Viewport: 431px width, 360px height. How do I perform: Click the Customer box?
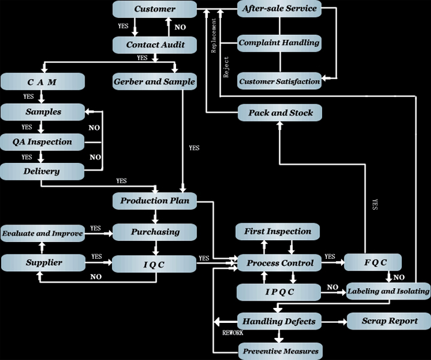(x=155, y=9)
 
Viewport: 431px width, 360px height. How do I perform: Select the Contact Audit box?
(x=155, y=45)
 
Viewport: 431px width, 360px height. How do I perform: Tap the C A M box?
(x=43, y=81)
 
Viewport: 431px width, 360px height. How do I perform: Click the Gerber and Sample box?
(x=155, y=81)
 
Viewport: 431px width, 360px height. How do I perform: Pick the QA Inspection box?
(x=43, y=142)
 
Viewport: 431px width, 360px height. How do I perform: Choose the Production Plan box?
(x=155, y=201)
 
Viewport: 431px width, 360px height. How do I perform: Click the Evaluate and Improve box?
(x=43, y=234)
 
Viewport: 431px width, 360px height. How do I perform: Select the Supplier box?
(x=44, y=262)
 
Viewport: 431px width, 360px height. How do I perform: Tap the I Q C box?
(x=154, y=264)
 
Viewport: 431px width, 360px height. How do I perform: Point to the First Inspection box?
(x=278, y=232)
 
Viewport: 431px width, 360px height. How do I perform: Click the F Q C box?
(x=373, y=262)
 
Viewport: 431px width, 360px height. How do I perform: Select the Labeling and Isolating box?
(x=388, y=291)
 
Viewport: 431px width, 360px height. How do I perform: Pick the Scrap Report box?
(x=389, y=321)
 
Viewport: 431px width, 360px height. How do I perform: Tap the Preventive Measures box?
(x=280, y=351)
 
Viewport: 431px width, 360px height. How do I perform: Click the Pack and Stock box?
(x=280, y=113)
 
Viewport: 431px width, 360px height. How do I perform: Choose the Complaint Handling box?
(x=280, y=43)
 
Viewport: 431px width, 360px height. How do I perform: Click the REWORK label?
(x=233, y=333)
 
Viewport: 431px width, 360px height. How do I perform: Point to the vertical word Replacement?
(x=214, y=35)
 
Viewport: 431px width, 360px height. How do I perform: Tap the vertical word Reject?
(x=226, y=67)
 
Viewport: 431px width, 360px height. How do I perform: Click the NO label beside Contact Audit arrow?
(x=180, y=27)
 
